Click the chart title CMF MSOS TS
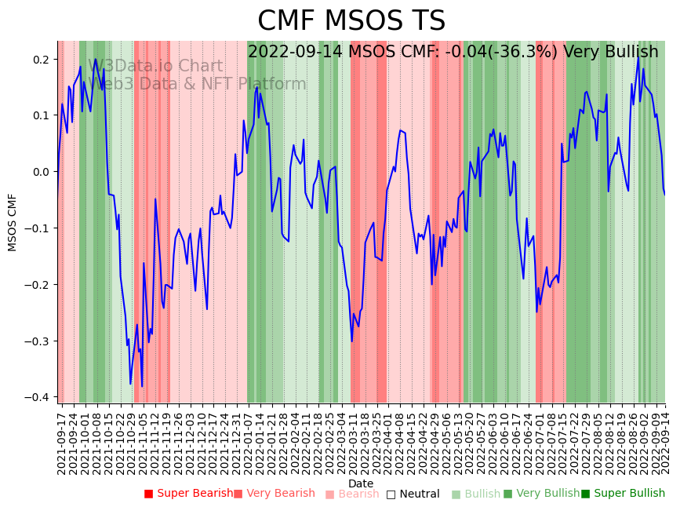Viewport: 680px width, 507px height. tap(351, 21)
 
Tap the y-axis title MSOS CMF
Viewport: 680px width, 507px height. tap(13, 222)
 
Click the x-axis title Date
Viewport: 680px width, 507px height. tap(361, 483)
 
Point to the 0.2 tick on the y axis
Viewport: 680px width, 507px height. tap(40, 60)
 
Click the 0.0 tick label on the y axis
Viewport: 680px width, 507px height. tap(40, 172)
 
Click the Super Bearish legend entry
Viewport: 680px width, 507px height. tap(188, 494)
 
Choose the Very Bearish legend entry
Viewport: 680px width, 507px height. tap(274, 494)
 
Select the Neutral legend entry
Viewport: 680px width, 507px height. tap(413, 494)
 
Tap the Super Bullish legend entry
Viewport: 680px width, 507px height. tap(623, 494)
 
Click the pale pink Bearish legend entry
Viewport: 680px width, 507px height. tap(351, 494)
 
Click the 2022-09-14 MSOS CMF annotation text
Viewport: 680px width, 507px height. tap(453, 52)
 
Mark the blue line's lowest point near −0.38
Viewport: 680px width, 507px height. tap(142, 386)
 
